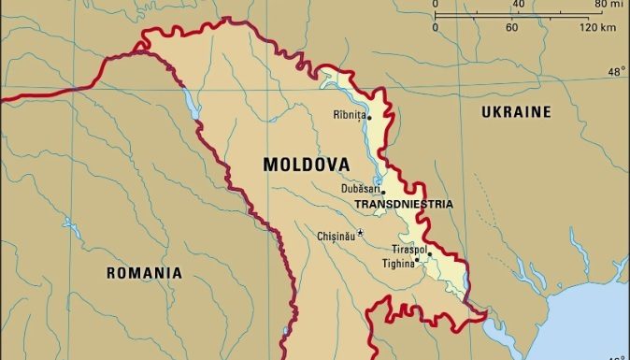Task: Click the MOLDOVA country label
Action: (x=306, y=165)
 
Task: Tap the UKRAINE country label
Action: (x=516, y=112)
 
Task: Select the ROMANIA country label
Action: (x=143, y=273)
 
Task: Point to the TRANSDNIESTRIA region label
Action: (x=404, y=204)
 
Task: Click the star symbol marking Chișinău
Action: (x=361, y=233)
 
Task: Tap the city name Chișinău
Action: (x=336, y=236)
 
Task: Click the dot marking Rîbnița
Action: (x=369, y=118)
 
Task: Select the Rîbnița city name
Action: (x=349, y=116)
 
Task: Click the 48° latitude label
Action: (x=617, y=71)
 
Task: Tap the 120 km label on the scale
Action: (x=596, y=27)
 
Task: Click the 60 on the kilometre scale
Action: (x=511, y=27)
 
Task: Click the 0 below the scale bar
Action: (x=436, y=27)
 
